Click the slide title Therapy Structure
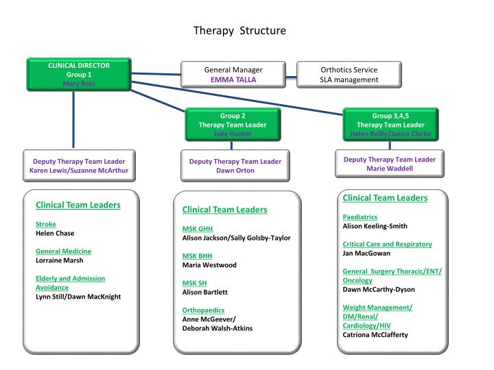[239, 31]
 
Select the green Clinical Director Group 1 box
[79, 74]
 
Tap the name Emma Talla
[233, 79]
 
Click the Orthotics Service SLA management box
[349, 75]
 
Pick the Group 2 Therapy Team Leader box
[227, 125]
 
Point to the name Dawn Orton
[235, 171]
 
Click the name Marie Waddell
[389, 169]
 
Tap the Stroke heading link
[46, 224]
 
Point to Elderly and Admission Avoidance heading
[70, 283]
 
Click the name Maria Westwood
[210, 265]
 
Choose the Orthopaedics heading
[203, 310]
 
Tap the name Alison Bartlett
[204, 292]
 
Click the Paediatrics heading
[360, 217]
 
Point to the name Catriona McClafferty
[380, 334]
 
